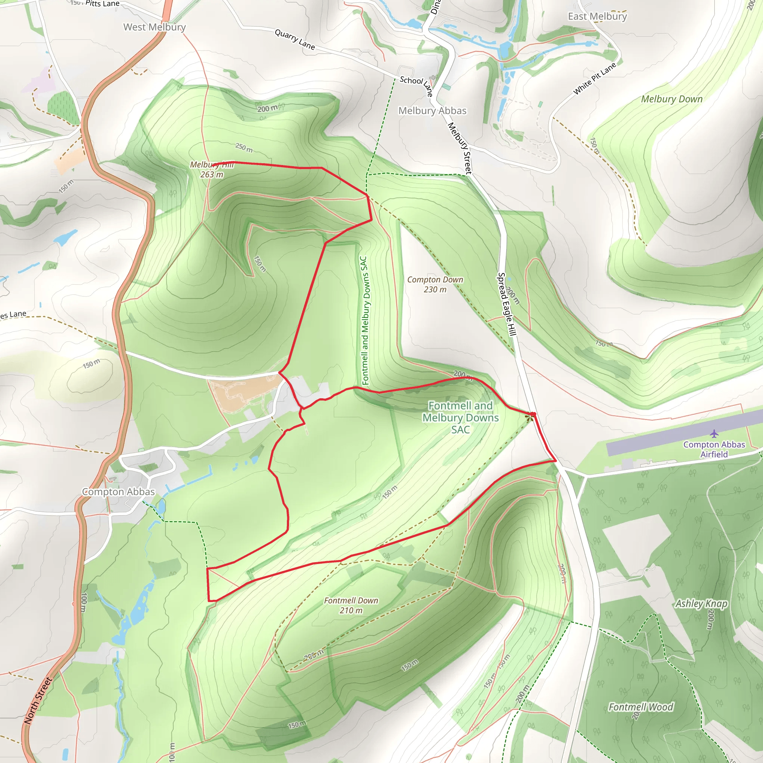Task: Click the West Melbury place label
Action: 154,27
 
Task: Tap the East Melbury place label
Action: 597,17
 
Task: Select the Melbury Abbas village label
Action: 432,111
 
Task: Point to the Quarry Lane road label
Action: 295,39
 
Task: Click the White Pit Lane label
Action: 594,79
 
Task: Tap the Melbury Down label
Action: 671,99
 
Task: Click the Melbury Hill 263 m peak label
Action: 212,170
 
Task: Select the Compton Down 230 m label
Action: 435,284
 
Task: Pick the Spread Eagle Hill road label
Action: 507,304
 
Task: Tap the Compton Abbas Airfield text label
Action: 714,449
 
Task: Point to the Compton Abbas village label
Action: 118,492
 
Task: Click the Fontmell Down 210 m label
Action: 351,605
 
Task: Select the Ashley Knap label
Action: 701,604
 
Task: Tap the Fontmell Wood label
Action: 640,707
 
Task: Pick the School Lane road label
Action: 416,85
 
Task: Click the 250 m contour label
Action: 244,148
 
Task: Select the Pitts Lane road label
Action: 102,4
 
